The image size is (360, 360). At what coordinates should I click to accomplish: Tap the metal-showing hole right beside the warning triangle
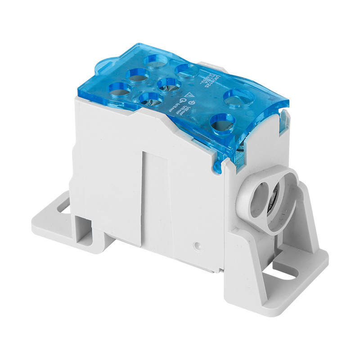pyautogui.click(x=170, y=83)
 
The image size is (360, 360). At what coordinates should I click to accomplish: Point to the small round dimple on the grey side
pyautogui.click(x=197, y=246)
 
